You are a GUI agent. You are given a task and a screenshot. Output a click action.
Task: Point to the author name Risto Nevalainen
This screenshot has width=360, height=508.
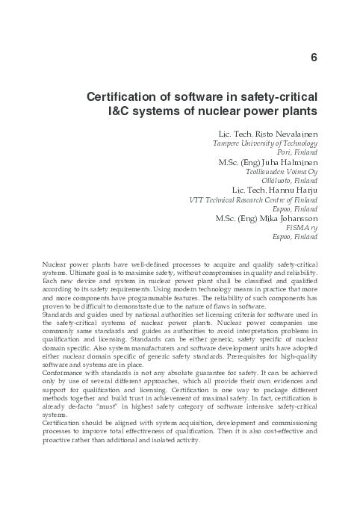click(x=287, y=132)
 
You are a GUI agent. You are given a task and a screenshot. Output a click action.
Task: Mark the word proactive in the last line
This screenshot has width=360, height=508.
click(x=60, y=439)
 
